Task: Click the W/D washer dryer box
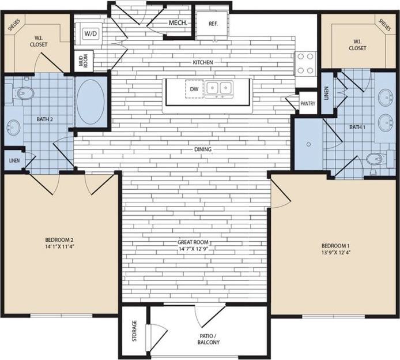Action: (90, 34)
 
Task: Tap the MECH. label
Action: (176, 23)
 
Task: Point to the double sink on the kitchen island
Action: (220, 89)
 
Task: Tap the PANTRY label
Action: (308, 104)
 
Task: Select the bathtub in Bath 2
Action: (91, 102)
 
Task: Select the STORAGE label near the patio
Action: (134, 331)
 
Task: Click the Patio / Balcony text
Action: (206, 338)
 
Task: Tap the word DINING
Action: (203, 149)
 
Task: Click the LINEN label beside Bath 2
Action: (13, 159)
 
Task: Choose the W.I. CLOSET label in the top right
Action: (357, 45)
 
